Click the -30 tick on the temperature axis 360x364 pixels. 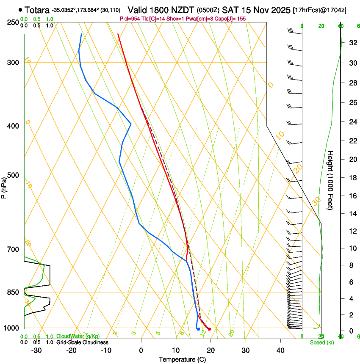(36, 350)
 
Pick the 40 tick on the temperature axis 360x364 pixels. (280, 350)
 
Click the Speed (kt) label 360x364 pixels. (322, 342)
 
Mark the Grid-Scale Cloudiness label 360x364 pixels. (81, 342)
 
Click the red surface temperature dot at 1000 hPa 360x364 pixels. (209, 329)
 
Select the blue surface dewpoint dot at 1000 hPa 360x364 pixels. (198, 329)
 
